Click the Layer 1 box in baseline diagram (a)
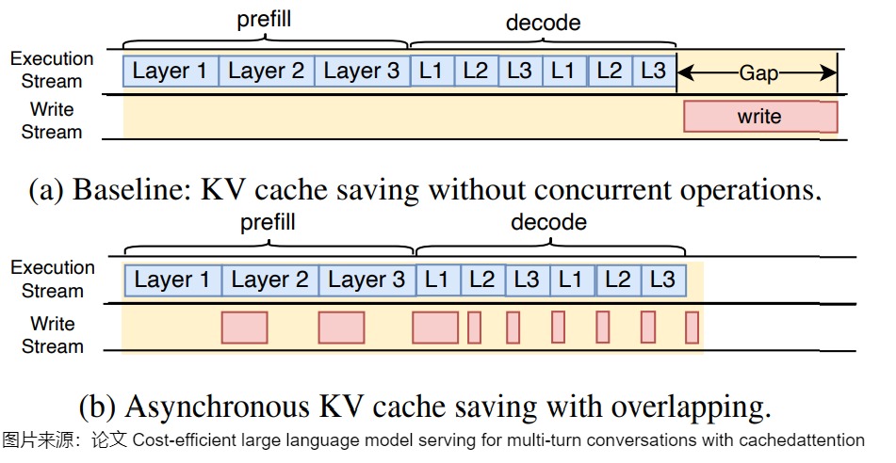coord(171,71)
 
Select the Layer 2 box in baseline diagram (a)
coord(267,71)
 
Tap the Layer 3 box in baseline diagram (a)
coord(361,71)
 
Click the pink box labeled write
coord(759,117)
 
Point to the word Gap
coord(758,72)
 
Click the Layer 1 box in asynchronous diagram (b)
coord(173,279)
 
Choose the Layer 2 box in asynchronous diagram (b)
coord(269,279)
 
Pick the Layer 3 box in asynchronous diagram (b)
coord(366,279)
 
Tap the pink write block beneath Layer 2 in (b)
coord(244,327)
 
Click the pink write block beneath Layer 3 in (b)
coord(341,327)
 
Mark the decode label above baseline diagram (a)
coord(544,22)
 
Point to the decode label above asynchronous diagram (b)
coord(548,223)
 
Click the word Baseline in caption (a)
coord(126,189)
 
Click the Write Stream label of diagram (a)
coord(52,120)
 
